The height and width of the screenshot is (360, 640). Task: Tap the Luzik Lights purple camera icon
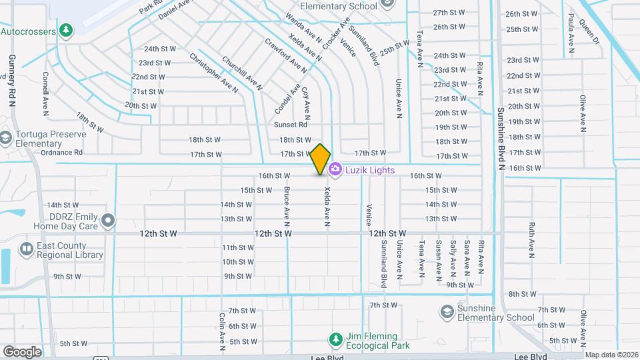[x=335, y=170]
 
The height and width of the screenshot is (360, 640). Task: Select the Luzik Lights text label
[x=370, y=170]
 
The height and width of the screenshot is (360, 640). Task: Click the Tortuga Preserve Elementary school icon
[x=6, y=137]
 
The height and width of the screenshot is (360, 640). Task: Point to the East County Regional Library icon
[x=27, y=249]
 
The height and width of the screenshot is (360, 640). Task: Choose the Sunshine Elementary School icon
[x=446, y=312]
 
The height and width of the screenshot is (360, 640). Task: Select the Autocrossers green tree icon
[x=65, y=31]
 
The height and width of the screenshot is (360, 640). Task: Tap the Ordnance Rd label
[x=61, y=152]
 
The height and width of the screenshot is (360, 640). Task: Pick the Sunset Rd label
[x=291, y=125]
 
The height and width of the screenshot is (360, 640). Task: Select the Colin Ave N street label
[x=222, y=331]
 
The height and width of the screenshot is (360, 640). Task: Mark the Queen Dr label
[x=589, y=31]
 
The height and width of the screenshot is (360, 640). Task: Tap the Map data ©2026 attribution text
[x=611, y=355]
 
